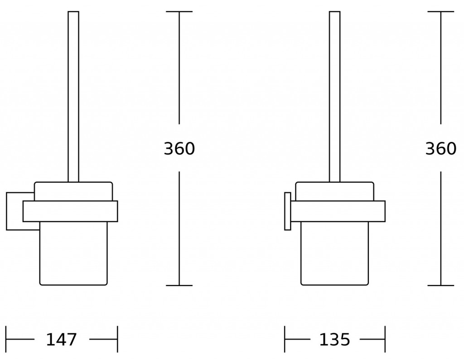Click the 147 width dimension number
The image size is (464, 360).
point(62,340)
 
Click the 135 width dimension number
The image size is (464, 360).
point(335,340)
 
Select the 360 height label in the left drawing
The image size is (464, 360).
point(179,149)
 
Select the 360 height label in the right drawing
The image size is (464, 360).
point(441,149)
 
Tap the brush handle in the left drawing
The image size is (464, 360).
point(73,97)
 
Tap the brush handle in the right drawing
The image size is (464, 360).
point(335,97)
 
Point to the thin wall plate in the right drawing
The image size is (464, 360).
point(288,211)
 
